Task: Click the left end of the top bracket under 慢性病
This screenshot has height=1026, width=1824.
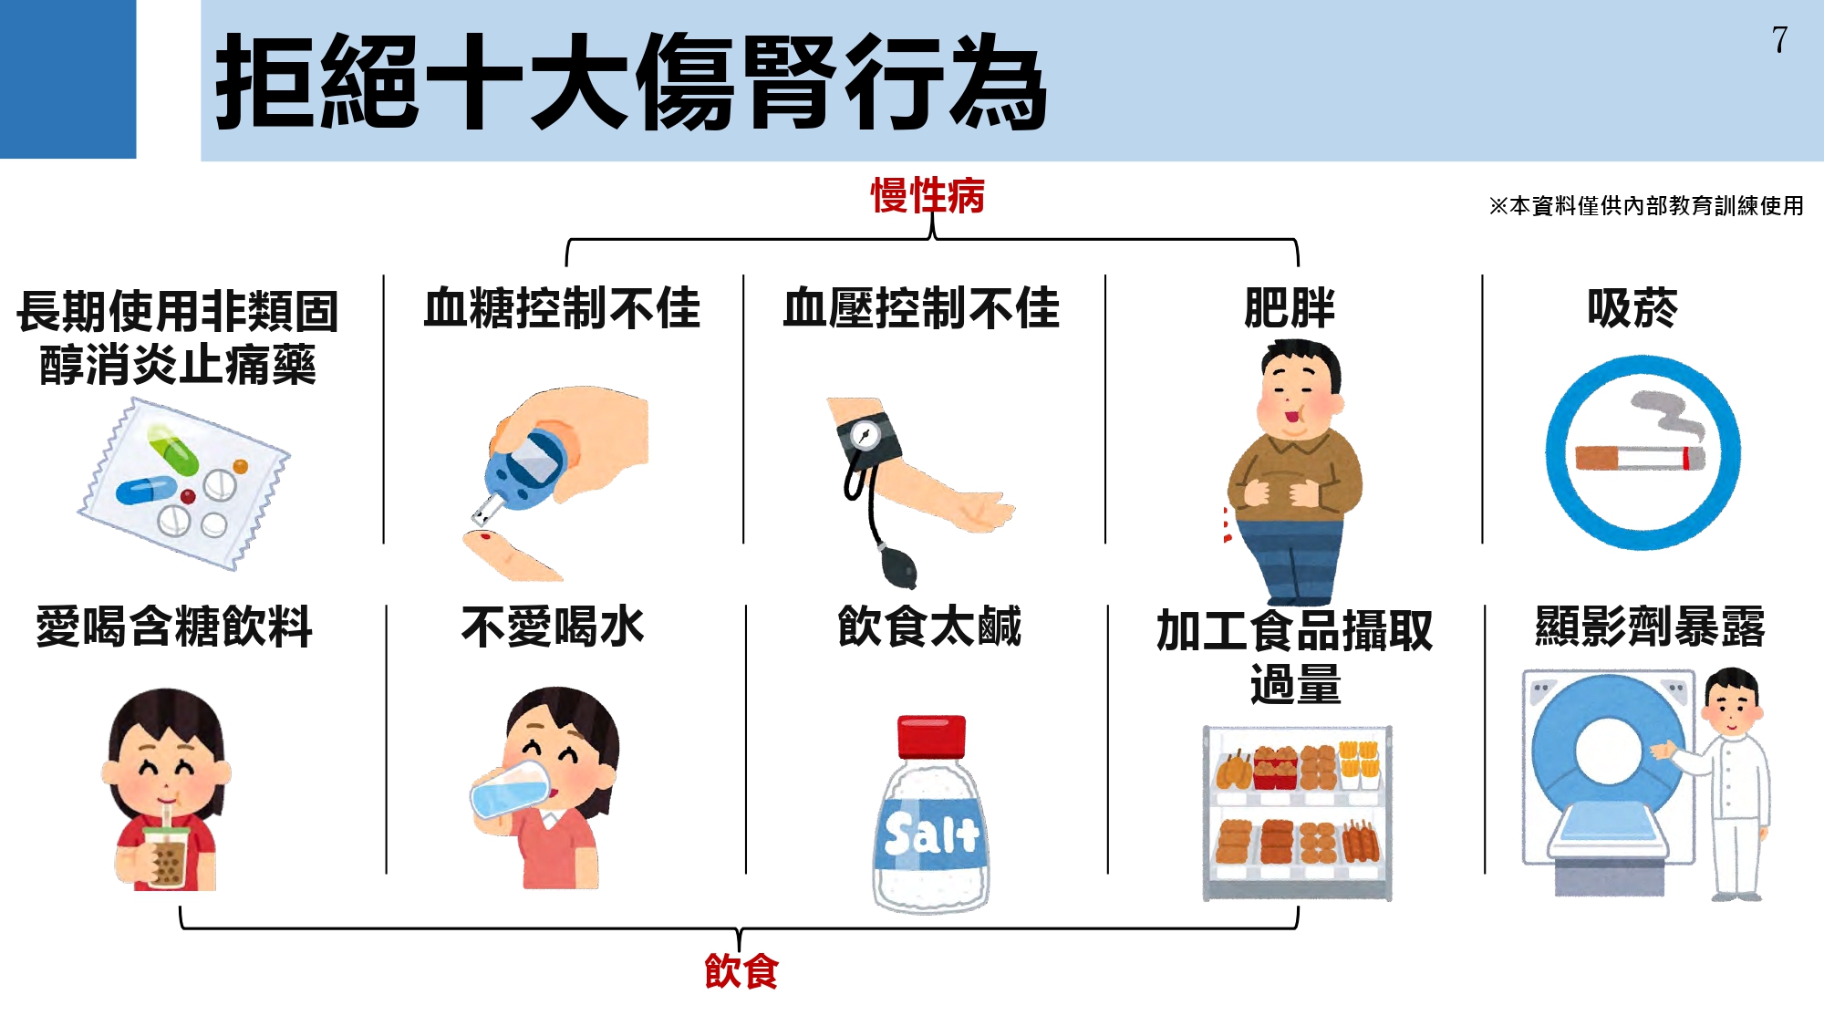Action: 567,265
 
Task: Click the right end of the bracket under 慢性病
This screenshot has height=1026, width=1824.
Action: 1297,265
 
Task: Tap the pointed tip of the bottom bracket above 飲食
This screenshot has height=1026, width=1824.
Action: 740,950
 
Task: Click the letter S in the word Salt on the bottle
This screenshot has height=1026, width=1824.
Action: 901,833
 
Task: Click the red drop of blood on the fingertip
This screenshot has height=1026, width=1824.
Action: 486,536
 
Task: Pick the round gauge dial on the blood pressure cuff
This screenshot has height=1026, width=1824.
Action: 865,435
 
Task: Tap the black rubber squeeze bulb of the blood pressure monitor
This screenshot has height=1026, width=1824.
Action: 898,567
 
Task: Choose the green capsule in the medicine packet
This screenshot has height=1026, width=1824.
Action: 173,451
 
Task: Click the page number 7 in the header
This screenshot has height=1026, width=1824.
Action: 1779,40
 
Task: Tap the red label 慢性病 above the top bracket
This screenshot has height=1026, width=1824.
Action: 928,195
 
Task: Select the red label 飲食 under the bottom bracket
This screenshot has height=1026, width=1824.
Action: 741,971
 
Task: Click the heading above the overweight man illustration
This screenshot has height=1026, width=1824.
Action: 1290,307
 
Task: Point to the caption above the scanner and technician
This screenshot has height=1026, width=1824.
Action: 1650,627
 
